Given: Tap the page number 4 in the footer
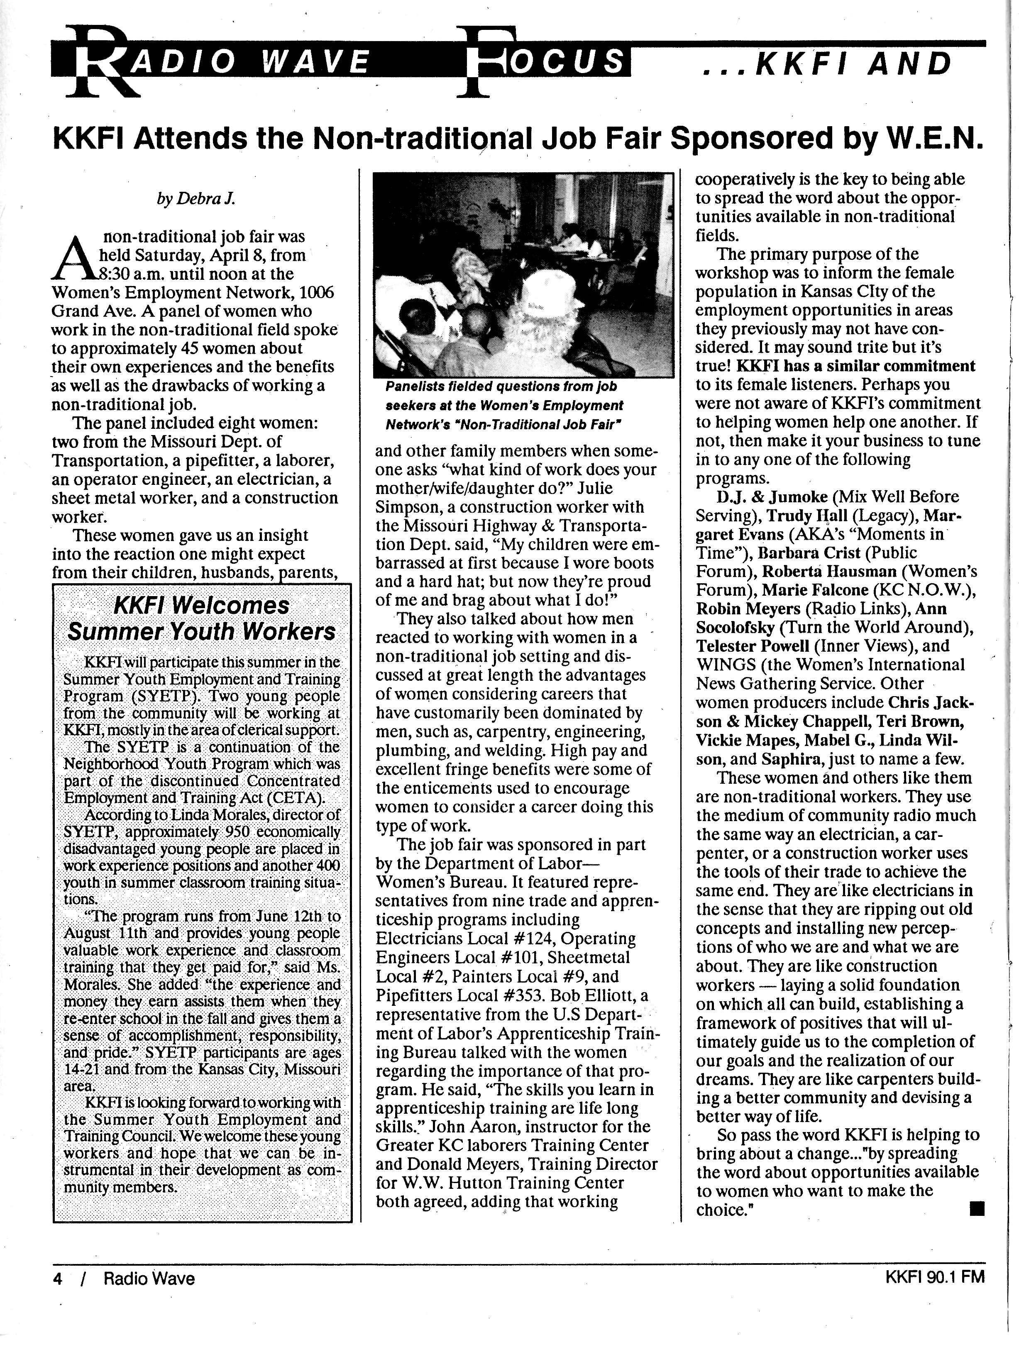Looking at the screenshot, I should click(58, 1278).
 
